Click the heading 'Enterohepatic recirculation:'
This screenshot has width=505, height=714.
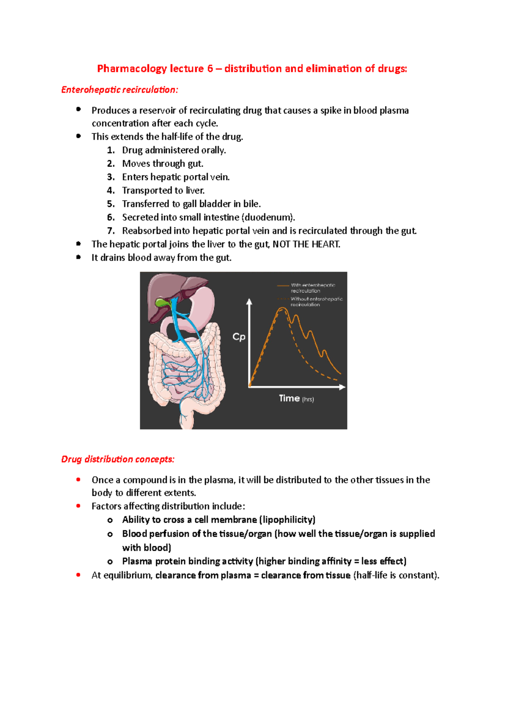[120, 90]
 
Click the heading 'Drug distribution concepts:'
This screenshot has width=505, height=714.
[118, 459]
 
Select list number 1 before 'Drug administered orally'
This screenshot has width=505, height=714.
[110, 150]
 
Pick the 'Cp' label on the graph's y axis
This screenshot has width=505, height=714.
[239, 337]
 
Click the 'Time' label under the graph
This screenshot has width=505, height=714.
[289, 398]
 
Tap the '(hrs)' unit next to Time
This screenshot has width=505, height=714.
[308, 399]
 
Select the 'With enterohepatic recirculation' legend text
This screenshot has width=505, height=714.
[313, 288]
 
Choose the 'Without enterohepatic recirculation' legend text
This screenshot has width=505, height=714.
[316, 301]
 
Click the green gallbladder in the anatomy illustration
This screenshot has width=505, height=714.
[162, 302]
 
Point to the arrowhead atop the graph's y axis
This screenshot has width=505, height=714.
[249, 301]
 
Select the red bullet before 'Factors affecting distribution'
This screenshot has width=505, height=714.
[78, 506]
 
